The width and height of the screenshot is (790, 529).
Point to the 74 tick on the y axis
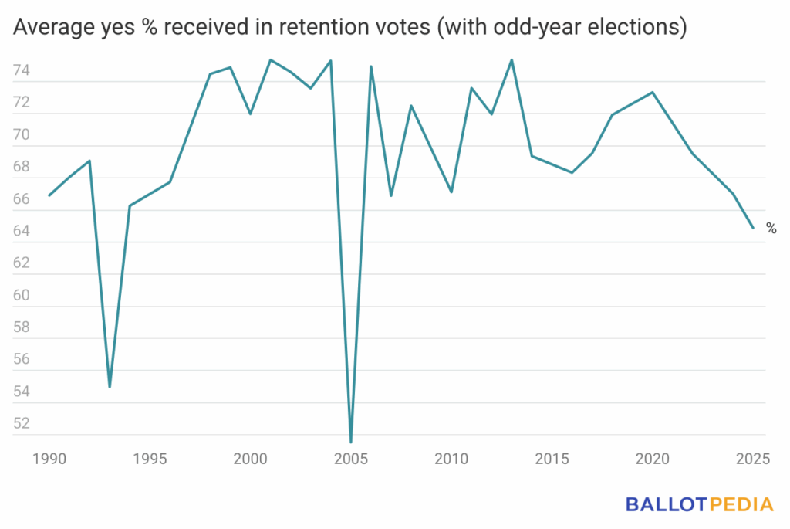click(x=22, y=71)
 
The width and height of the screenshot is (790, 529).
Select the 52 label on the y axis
click(x=22, y=423)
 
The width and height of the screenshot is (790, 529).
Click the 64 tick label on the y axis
click(x=22, y=231)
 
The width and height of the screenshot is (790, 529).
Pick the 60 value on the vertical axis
click(x=22, y=295)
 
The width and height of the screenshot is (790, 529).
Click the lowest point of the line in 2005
click(x=351, y=443)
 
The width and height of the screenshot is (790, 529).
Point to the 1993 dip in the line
click(x=110, y=386)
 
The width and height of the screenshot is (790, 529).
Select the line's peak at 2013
click(x=511, y=59)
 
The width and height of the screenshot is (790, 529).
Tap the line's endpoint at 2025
click(x=753, y=228)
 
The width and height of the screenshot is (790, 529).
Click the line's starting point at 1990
click(x=49, y=195)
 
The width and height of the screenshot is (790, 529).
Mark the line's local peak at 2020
click(x=653, y=92)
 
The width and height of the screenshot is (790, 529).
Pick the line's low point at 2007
click(x=391, y=195)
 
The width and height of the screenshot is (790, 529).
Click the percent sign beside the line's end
click(x=771, y=228)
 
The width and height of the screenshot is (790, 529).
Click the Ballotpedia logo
click(x=699, y=505)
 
